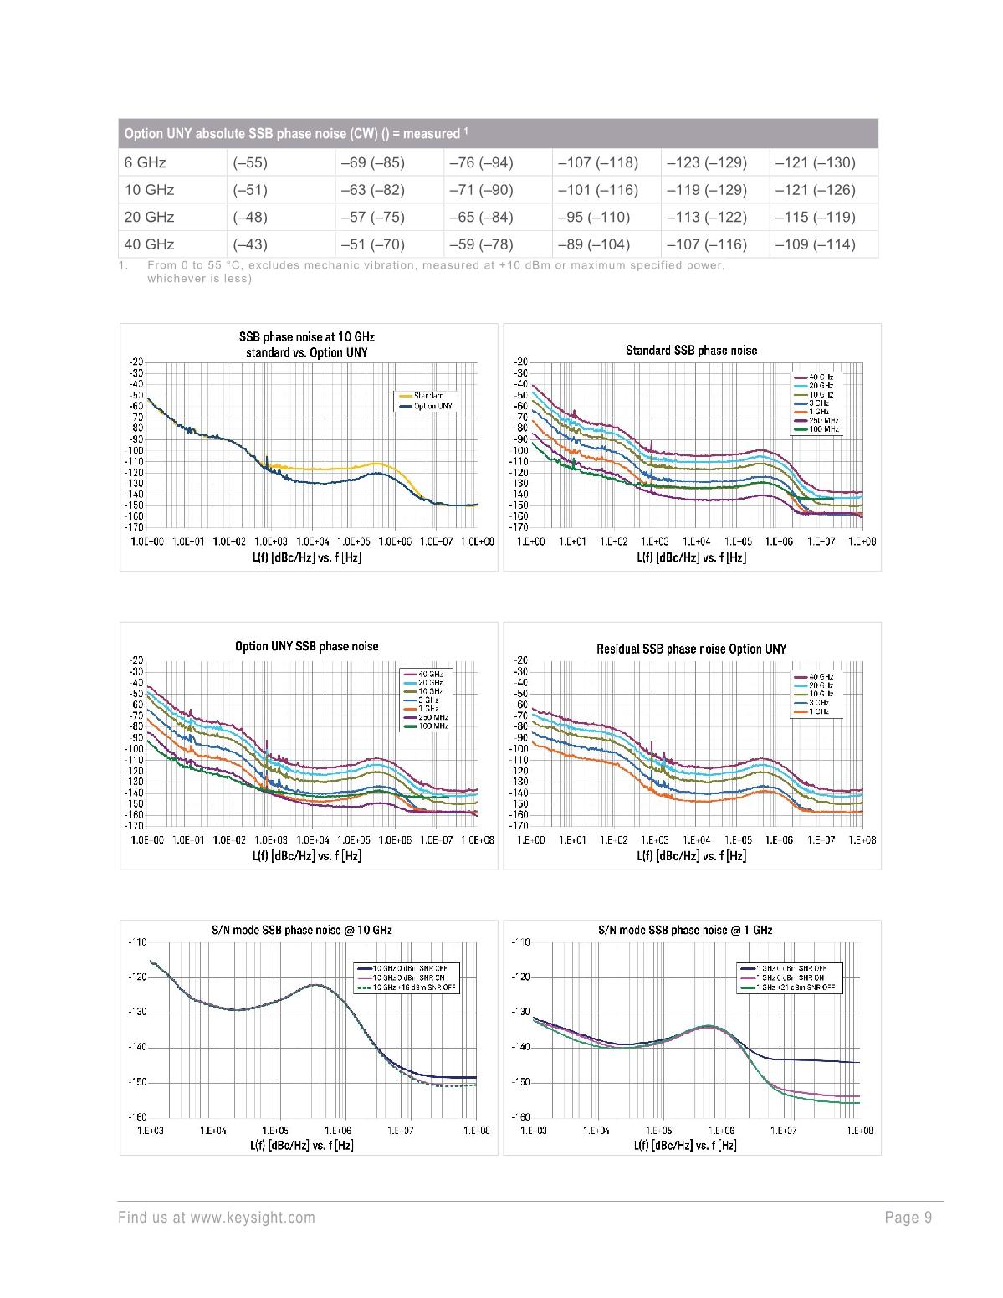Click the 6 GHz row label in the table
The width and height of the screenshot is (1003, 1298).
146,162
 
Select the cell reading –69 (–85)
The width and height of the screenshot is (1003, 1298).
372,162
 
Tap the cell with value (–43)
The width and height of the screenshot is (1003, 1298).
250,244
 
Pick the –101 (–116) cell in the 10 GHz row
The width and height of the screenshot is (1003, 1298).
598,190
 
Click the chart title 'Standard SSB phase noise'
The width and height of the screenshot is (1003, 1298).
691,351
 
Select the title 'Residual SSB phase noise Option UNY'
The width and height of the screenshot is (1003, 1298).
691,649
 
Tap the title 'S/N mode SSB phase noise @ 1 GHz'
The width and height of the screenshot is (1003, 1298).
685,930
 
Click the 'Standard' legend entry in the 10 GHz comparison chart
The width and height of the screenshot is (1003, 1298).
428,396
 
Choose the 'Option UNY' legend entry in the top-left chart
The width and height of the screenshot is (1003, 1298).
432,406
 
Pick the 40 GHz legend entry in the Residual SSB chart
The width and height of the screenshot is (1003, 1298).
820,676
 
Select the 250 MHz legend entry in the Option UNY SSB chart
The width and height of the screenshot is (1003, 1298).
432,717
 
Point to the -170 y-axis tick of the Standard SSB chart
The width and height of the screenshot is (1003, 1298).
520,527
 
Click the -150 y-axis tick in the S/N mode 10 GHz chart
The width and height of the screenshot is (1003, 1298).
137,1082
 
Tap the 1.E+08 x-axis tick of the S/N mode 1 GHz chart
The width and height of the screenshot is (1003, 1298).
860,1131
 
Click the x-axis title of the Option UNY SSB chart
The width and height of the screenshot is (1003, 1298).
307,856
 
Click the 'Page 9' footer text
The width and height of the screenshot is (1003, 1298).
908,1218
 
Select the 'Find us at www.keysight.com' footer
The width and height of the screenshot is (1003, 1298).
217,1218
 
